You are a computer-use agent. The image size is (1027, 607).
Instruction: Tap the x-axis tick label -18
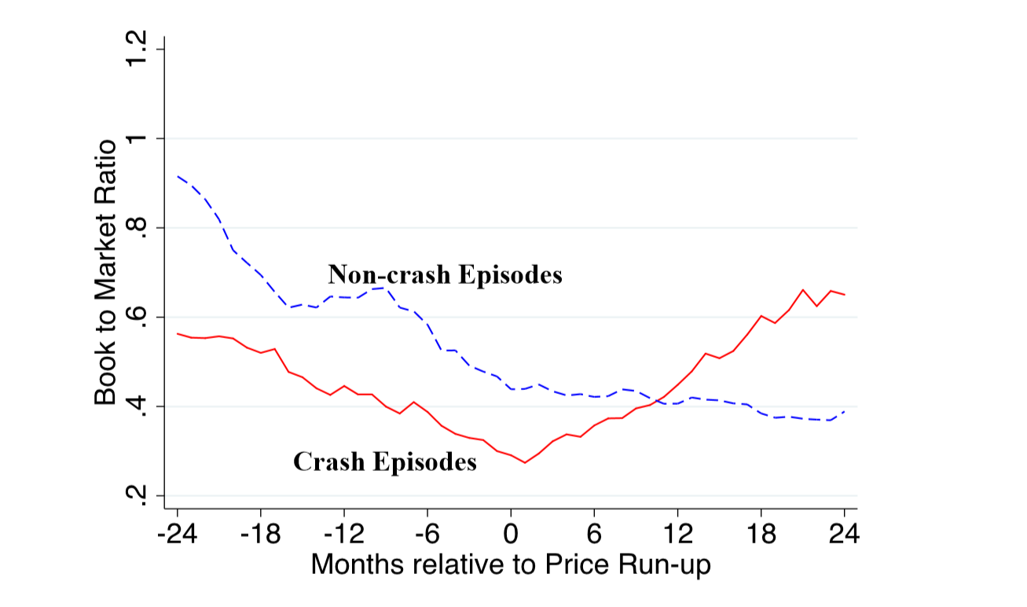[259, 537]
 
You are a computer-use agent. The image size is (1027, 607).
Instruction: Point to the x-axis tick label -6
[427, 537]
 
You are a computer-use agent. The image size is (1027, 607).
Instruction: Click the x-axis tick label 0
[511, 537]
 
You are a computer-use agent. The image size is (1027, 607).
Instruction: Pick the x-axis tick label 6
[594, 537]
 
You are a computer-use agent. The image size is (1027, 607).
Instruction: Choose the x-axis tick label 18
[761, 537]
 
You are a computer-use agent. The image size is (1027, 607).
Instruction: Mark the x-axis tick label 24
[844, 537]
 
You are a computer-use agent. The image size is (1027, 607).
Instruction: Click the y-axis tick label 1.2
[136, 50]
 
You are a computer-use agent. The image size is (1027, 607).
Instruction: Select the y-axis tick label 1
[136, 139]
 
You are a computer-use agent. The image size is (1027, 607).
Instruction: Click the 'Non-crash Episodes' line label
[445, 275]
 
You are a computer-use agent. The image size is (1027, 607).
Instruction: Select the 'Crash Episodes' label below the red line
[385, 462]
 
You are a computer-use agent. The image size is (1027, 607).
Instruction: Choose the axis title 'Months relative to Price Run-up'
[511, 565]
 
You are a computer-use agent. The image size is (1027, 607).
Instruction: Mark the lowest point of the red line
[525, 462]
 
